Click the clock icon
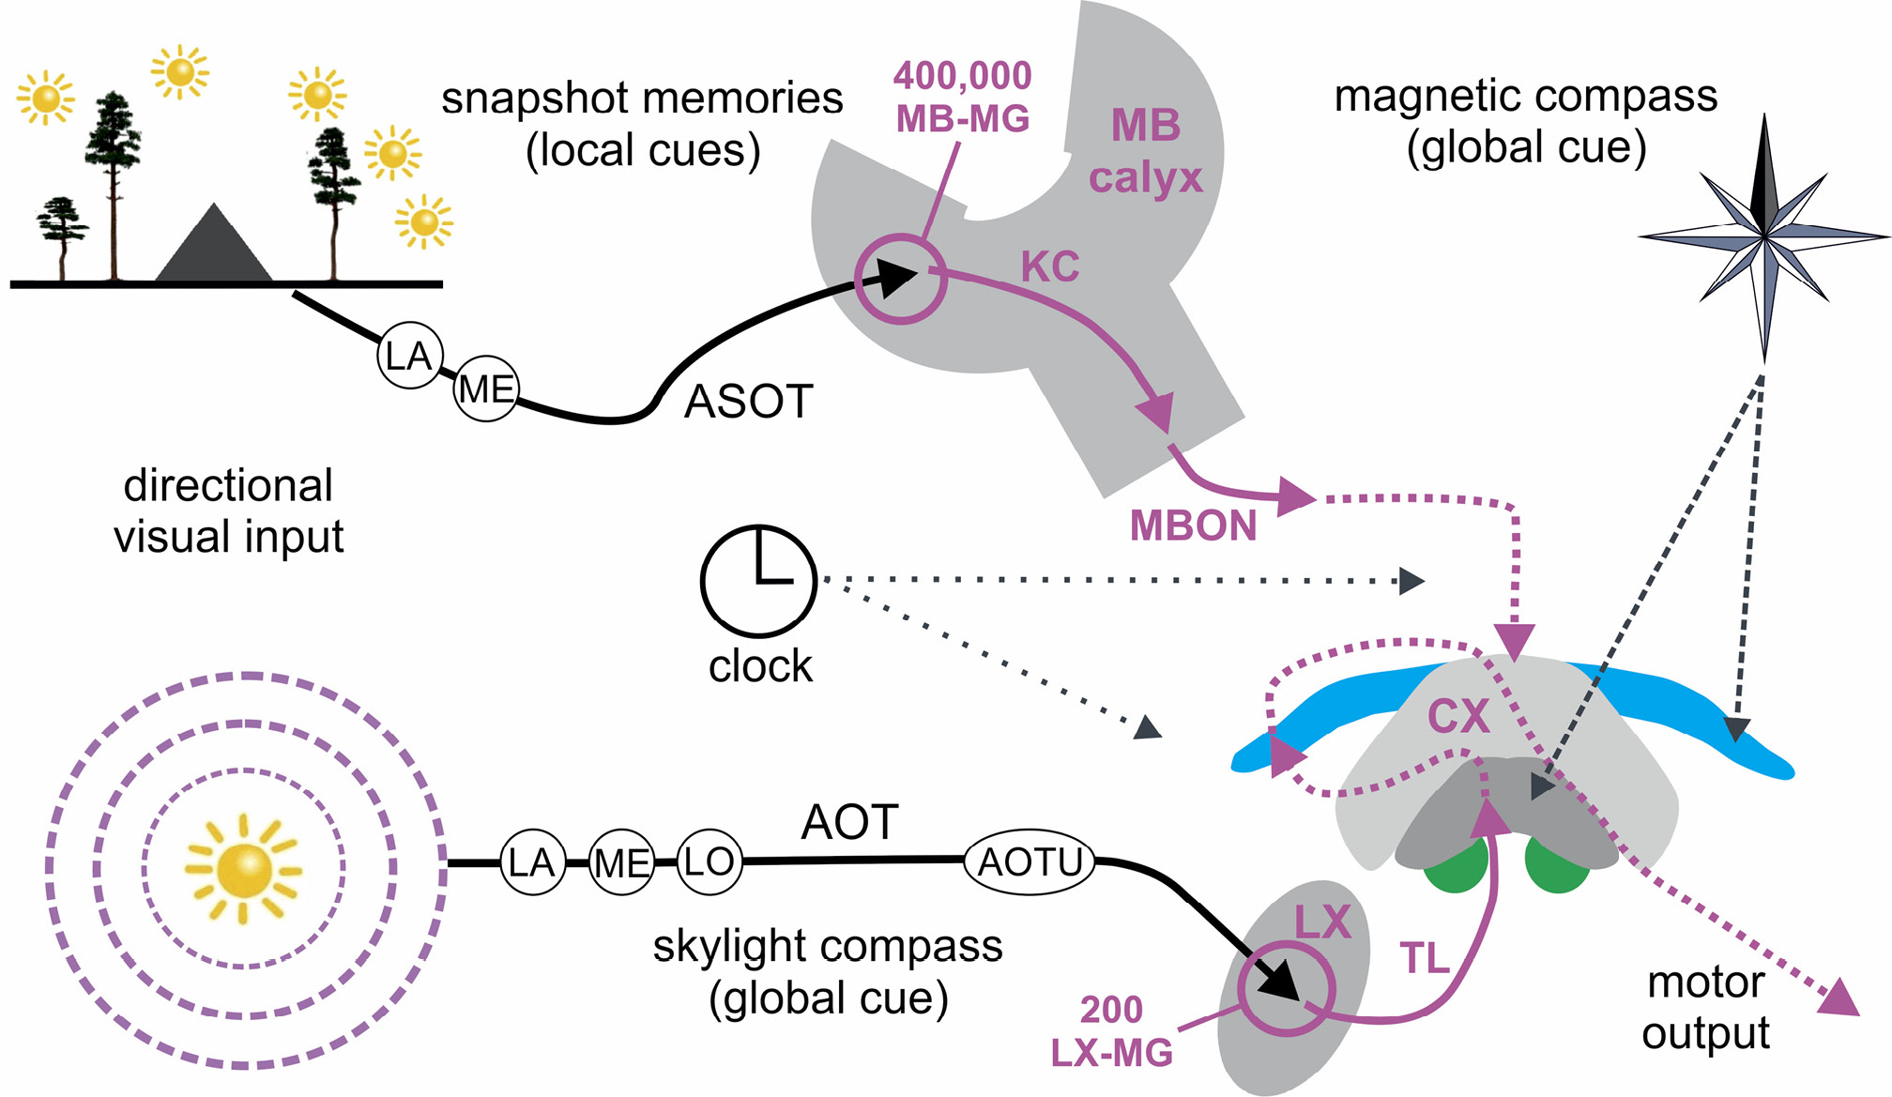(x=758, y=581)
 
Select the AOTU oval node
(x=1030, y=861)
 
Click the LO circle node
(x=709, y=861)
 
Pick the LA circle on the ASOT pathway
(x=409, y=356)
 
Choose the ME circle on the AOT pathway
(x=621, y=862)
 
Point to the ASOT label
(x=748, y=402)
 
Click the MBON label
(x=1193, y=526)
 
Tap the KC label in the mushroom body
(x=1050, y=267)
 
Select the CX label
(x=1458, y=717)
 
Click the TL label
(x=1425, y=958)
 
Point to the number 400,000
(x=962, y=76)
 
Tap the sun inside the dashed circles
(x=244, y=869)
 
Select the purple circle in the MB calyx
(x=900, y=279)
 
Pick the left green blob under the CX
(x=1457, y=868)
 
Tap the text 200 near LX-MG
(x=1111, y=1010)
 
